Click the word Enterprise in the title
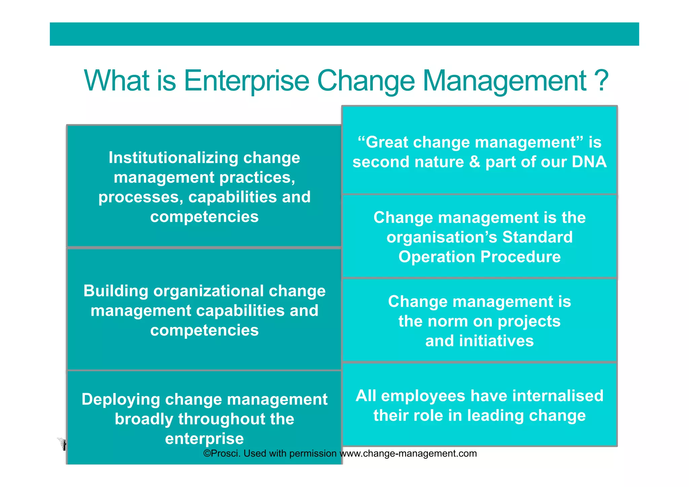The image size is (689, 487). [x=246, y=81]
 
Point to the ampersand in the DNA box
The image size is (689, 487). [x=474, y=162]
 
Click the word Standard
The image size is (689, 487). [x=537, y=237]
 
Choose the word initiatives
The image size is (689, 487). [x=496, y=341]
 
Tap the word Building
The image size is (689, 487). [x=116, y=291]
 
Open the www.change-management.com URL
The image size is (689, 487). [x=408, y=454]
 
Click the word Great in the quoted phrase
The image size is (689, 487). [x=386, y=142]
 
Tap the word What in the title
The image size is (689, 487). [x=116, y=81]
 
